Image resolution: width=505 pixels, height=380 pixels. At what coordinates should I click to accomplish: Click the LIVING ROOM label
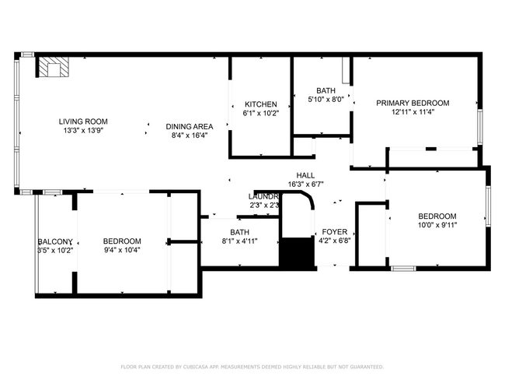coord(83,121)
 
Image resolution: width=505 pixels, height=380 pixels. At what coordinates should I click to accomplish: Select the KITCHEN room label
coord(260,104)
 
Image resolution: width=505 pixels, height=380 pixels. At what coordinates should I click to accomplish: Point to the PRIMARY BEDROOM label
coord(413,103)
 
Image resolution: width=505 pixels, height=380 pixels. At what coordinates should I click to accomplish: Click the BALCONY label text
coord(55,241)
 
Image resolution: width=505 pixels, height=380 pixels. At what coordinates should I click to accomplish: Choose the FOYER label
coord(335,232)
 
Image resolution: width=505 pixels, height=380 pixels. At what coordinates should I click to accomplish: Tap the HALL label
coord(305,175)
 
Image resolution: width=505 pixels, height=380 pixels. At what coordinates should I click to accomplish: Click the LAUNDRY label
coord(263,196)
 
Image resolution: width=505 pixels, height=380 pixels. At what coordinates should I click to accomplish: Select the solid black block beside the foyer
coord(294,253)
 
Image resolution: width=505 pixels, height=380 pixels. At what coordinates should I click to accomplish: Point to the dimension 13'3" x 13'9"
coord(83,131)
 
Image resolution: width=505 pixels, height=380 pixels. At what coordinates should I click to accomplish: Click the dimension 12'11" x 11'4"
coord(413,112)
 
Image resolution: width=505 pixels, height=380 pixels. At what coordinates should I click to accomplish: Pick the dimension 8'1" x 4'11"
coord(239,241)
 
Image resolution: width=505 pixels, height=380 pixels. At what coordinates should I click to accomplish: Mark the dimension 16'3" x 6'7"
coord(305,185)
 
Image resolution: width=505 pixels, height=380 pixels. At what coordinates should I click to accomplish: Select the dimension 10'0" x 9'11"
coord(437,226)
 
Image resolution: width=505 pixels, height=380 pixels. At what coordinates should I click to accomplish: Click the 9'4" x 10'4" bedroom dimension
coord(122,250)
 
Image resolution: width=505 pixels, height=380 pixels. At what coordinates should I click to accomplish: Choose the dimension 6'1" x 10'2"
coord(260,114)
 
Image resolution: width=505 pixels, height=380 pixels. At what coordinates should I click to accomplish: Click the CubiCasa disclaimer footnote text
coord(252,366)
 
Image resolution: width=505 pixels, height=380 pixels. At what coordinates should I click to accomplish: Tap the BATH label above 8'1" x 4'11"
coord(239,232)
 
